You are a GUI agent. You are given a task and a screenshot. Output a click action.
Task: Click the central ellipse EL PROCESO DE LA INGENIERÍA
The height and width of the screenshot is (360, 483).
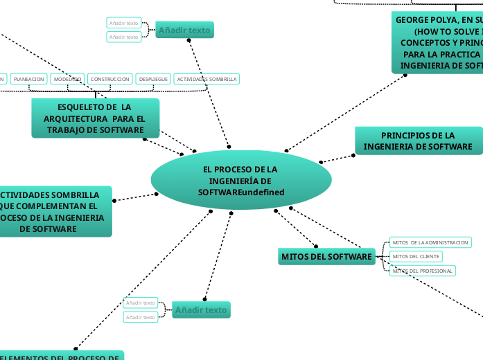tap(240, 180)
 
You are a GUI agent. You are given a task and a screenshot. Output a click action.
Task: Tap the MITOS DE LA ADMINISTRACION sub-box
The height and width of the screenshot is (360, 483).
tap(430, 242)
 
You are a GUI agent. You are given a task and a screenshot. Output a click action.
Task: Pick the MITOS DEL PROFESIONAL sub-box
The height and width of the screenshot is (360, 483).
tap(422, 271)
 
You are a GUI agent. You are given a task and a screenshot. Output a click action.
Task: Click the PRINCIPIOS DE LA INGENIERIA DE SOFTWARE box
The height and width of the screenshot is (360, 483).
tap(418, 141)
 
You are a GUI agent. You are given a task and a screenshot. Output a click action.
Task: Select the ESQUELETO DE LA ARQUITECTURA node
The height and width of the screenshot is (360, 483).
tap(95, 118)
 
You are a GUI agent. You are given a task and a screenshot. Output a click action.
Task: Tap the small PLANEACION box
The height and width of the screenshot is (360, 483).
tap(29, 80)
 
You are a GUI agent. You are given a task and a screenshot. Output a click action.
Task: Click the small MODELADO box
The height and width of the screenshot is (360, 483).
tap(67, 80)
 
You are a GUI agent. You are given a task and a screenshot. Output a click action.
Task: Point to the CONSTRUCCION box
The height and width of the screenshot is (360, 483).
tap(109, 80)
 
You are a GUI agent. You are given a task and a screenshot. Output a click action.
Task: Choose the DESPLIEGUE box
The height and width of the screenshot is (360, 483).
tap(153, 80)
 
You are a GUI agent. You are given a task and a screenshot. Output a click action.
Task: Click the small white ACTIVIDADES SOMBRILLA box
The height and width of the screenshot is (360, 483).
tap(207, 80)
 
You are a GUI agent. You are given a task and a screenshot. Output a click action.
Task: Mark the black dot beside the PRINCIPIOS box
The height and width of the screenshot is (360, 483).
tap(353, 155)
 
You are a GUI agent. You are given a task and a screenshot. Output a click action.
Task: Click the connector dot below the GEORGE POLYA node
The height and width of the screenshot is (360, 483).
tap(405, 75)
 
